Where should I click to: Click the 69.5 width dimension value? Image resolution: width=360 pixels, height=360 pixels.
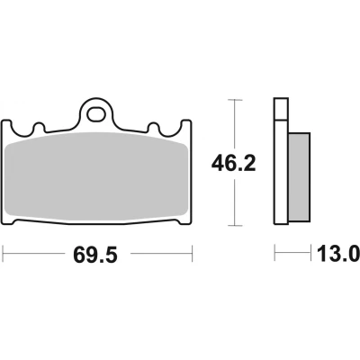click(x=95, y=256)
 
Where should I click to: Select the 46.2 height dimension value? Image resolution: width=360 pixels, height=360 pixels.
click(x=233, y=164)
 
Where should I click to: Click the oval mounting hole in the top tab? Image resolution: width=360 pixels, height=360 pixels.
click(x=96, y=114)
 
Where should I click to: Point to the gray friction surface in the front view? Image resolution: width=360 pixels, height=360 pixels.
click(x=97, y=176)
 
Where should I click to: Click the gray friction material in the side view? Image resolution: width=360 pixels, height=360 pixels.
click(x=299, y=177)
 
